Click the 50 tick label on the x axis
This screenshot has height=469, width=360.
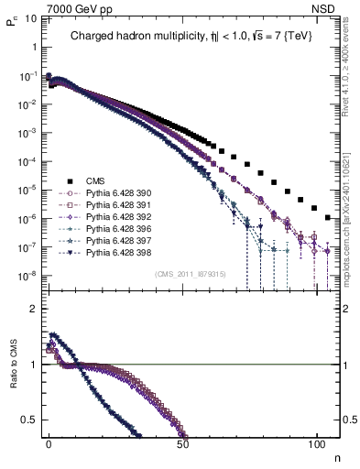(x=182, y=442)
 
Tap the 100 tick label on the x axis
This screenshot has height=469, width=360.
(x=316, y=442)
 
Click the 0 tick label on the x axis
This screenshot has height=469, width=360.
(x=49, y=442)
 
